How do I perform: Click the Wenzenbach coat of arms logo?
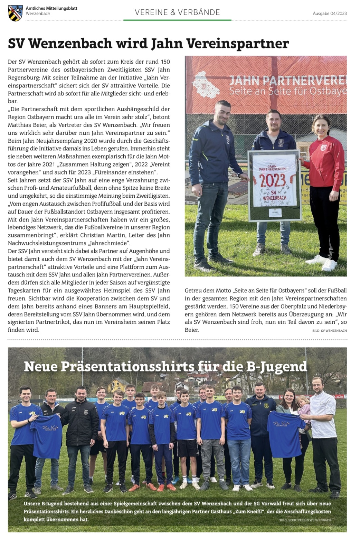[x=15, y=13]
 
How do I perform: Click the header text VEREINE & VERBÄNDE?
[x=177, y=12]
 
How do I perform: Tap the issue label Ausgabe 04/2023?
[x=330, y=13]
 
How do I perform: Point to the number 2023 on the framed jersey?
[x=273, y=180]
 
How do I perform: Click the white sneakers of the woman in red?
[x=323, y=262]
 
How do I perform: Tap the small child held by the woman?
[x=304, y=407]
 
